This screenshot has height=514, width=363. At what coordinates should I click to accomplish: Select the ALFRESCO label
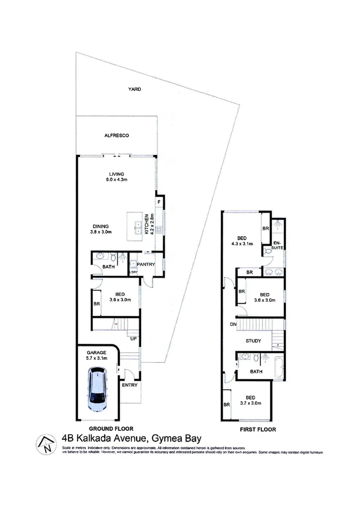[116, 136]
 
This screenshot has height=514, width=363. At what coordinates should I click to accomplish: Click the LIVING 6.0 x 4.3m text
[116, 178]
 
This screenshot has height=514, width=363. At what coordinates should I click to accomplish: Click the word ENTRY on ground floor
[129, 385]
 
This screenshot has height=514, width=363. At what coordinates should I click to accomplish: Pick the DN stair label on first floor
[233, 325]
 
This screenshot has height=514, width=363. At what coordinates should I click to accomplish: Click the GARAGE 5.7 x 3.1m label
[97, 355]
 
